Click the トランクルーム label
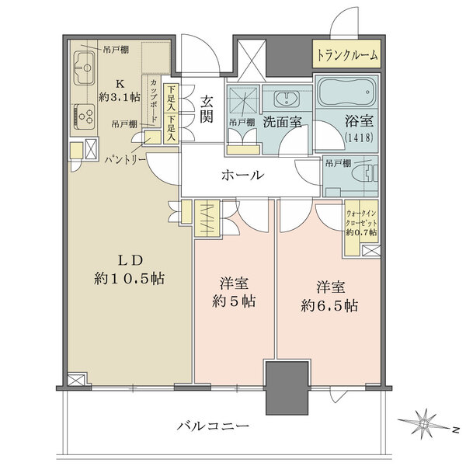pos(347,55)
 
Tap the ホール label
pos(242,176)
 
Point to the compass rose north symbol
pos(426,423)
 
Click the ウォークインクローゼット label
pos(361,221)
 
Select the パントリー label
pos(124,158)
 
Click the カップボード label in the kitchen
pos(154,101)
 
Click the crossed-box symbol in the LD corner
pos(76,380)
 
